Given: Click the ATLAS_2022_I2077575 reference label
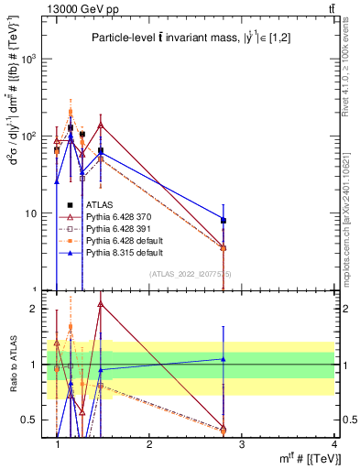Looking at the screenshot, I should pos(190,274).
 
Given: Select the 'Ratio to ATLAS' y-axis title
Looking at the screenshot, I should pos(13,364).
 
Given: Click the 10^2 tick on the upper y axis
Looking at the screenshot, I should pos(28,136).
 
